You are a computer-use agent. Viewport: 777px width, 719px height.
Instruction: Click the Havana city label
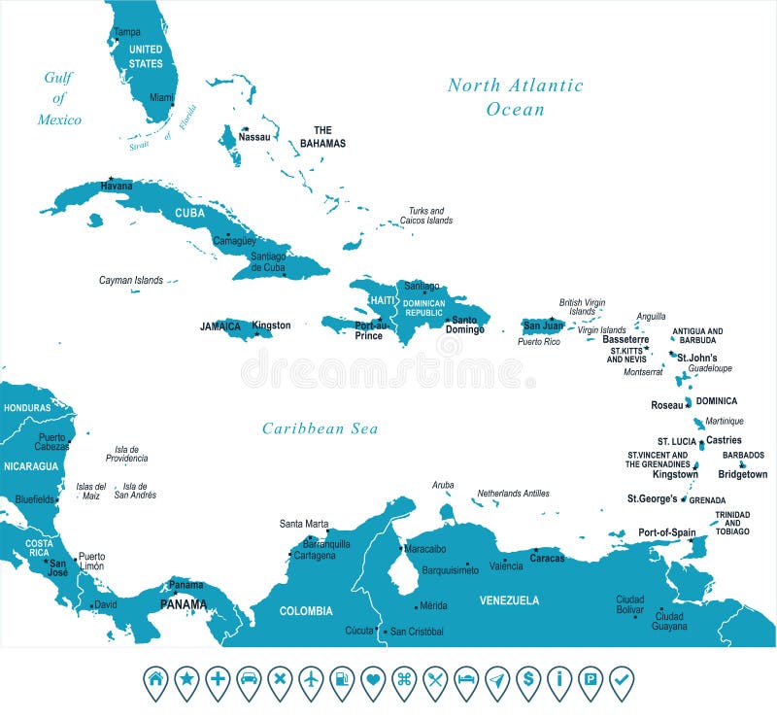[x=116, y=187]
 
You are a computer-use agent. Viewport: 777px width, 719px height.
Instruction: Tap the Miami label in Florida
[x=161, y=98]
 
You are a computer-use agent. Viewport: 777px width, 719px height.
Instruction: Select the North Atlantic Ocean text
[x=515, y=96]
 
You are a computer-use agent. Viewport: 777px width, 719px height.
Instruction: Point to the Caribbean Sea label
[x=320, y=428]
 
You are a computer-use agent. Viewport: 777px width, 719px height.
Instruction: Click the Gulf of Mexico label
[x=59, y=98]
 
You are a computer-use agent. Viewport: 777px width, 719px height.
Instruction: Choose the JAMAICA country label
[x=220, y=326]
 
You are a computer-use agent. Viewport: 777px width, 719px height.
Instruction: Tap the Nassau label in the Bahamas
[x=253, y=138]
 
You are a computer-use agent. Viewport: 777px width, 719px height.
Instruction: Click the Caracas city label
[x=547, y=559]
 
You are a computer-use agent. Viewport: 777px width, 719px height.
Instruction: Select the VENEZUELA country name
[x=509, y=600]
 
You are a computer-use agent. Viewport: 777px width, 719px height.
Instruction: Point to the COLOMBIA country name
[x=306, y=611]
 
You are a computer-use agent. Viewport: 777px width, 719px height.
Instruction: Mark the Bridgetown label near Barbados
[x=742, y=474]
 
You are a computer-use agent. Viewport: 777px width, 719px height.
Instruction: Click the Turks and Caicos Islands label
[x=426, y=216]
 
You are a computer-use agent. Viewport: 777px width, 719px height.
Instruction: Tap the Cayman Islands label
[x=131, y=280]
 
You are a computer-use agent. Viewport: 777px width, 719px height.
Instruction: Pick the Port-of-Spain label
[x=666, y=532]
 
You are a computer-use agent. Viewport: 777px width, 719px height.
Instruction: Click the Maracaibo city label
[x=424, y=549]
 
